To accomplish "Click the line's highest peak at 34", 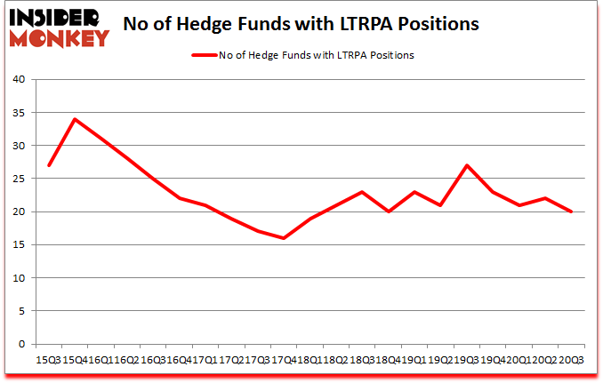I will tap(76, 119).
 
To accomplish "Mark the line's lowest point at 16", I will tap(284, 238).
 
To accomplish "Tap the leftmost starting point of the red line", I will tap(49, 165).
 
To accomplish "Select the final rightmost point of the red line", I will tap(571, 211).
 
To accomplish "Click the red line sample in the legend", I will tap(205, 55).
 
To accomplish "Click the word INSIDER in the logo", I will tap(57, 18).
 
